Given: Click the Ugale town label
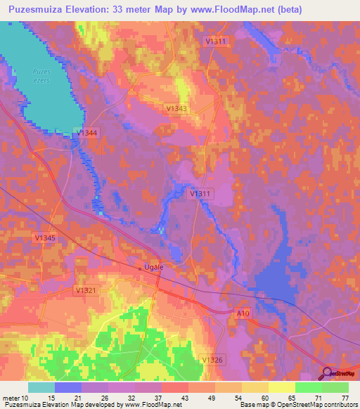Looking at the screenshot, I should coord(153,268).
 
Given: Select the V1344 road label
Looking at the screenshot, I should coord(88,133).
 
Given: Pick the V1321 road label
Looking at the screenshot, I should coord(85,290).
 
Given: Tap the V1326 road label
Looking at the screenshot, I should coord(212,360).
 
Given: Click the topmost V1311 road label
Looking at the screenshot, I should coord(217,41).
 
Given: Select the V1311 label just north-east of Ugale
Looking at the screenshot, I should coord(201,193).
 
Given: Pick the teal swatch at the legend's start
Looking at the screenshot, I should coord(41,387).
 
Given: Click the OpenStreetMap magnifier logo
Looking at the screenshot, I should coord(327,373).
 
